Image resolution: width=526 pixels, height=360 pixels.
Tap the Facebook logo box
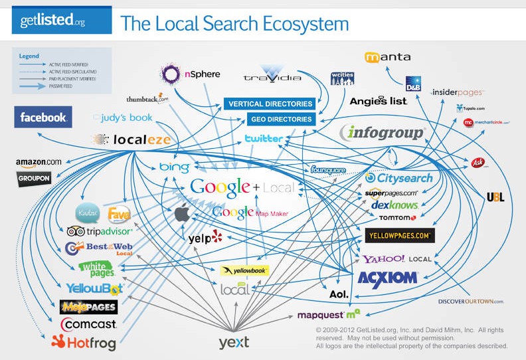[x=43, y=118]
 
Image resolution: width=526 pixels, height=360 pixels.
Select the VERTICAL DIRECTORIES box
[x=270, y=104]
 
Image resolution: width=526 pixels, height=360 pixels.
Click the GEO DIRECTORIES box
[x=281, y=120]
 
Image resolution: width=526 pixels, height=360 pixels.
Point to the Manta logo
[x=388, y=57]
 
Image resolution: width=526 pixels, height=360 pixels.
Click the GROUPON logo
[x=34, y=178]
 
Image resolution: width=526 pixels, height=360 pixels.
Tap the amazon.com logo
[x=39, y=162]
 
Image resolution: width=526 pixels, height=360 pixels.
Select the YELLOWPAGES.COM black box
[x=400, y=235]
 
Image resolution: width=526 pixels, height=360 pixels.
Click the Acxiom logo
[x=387, y=277]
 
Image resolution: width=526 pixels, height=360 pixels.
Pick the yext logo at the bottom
[x=234, y=342]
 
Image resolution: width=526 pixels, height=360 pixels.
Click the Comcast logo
[x=88, y=325]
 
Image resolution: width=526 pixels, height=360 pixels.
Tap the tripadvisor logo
[x=100, y=231]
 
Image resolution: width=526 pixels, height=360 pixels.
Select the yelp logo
[x=205, y=237]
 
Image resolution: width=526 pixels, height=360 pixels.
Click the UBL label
[x=495, y=197]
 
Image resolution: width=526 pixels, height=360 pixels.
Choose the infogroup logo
[x=382, y=133]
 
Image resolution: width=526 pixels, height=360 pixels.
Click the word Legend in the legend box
[x=29, y=56]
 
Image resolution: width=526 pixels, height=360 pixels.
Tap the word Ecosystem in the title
[x=305, y=25]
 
